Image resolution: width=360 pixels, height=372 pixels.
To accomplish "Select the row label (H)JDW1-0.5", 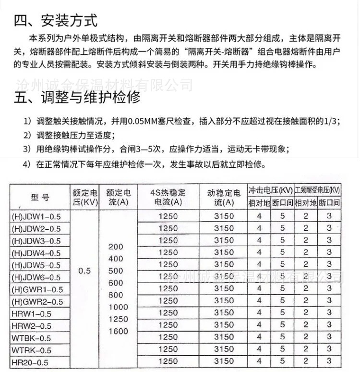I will click(x=36, y=216).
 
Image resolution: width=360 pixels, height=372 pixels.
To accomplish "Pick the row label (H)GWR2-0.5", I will click(x=37, y=301).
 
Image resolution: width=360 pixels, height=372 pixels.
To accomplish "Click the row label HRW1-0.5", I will click(x=32, y=314).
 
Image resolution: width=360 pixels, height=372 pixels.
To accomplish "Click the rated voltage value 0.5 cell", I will click(x=84, y=271).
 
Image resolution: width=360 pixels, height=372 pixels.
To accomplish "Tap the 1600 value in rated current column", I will click(x=119, y=331).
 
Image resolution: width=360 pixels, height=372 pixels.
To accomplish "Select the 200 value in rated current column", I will click(x=116, y=247).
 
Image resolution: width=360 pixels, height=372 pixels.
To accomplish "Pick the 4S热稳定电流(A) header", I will click(x=168, y=197).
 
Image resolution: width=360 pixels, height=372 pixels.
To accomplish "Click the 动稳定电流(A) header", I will click(x=224, y=197).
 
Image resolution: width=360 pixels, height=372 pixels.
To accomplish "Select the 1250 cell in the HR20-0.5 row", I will click(x=168, y=361).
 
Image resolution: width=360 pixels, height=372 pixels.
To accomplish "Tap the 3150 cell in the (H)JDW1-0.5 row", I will click(x=224, y=216).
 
